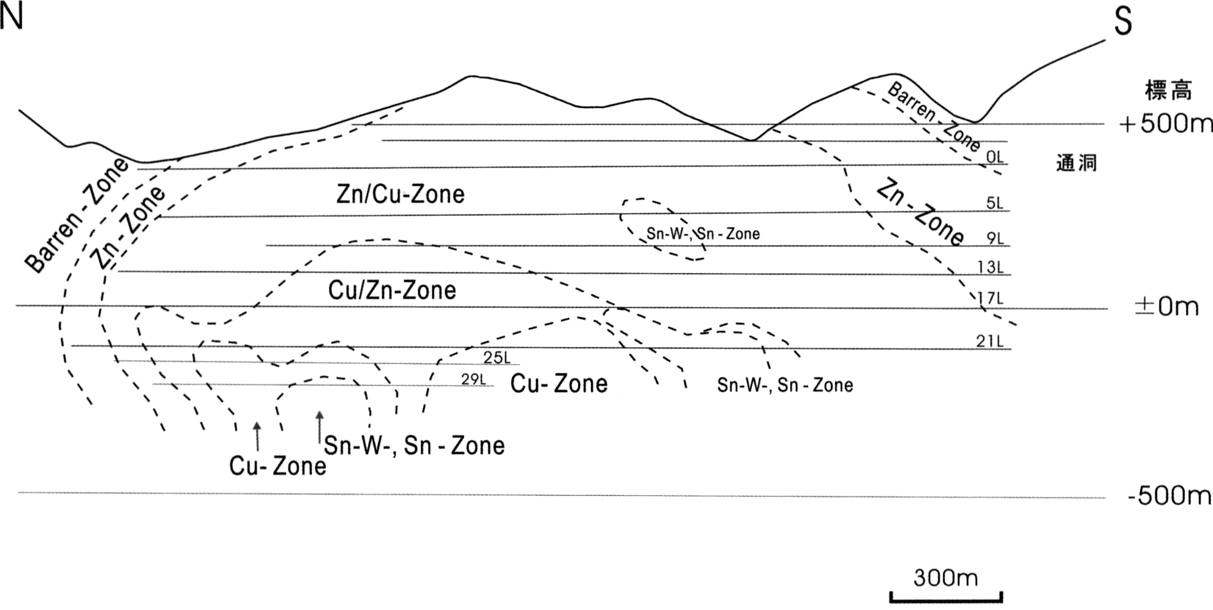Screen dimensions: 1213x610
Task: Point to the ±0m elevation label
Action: pos(1166,306)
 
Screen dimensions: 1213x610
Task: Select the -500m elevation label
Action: pos(1169,495)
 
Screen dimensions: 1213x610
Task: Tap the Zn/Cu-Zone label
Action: pos(401,194)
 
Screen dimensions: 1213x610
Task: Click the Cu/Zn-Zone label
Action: pos(392,290)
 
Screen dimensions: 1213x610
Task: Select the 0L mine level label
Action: pos(995,157)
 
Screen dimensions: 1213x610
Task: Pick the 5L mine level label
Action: pos(995,203)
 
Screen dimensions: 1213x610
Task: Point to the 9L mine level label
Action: pos(995,238)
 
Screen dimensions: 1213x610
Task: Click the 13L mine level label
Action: pos(990,267)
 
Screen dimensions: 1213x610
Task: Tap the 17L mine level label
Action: pos(990,299)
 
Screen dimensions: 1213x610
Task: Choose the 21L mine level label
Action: pos(990,341)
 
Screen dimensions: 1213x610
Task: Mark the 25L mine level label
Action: pos(496,358)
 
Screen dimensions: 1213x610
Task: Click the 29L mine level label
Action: pos(474,380)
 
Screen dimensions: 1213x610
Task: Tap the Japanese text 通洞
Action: pos(1076,163)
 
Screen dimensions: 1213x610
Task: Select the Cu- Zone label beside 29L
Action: pos(559,384)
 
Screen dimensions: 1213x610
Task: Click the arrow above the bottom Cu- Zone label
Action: pos(257,436)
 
